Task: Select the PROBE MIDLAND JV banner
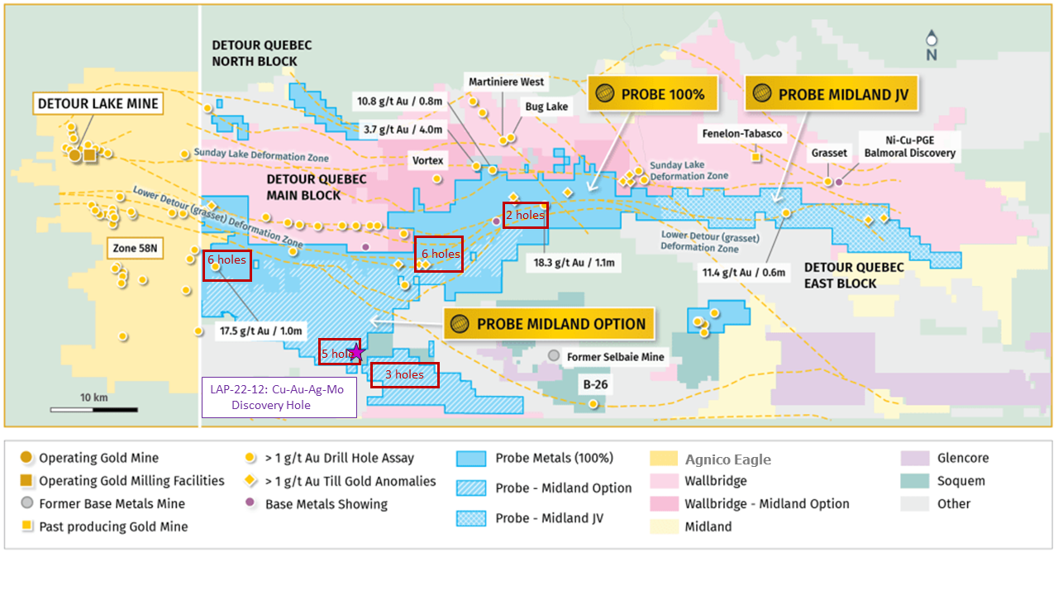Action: (831, 94)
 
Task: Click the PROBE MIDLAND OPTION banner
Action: (549, 324)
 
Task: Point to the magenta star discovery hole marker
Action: (356, 352)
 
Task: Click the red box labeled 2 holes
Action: (525, 215)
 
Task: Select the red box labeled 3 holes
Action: (404, 374)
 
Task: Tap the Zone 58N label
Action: (133, 247)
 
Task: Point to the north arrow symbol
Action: (932, 45)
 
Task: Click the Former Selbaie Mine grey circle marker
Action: (554, 355)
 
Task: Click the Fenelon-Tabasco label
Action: (741, 133)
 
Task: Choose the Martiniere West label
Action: (506, 82)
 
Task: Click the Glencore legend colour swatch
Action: (914, 458)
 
